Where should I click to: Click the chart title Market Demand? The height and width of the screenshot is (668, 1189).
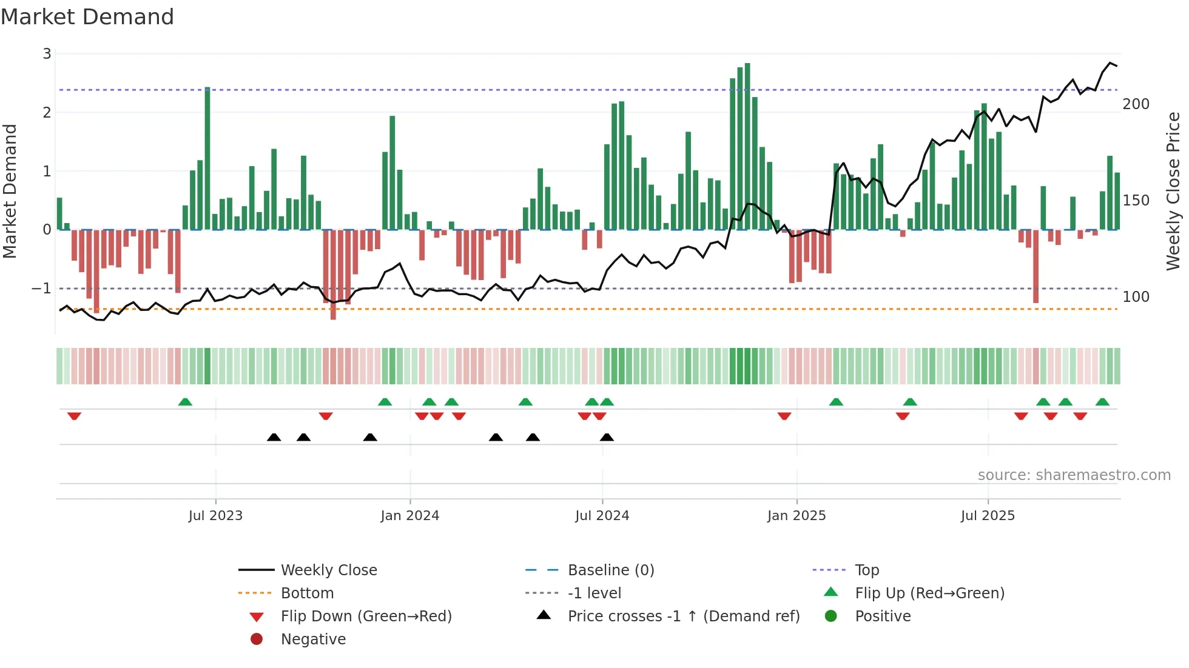point(87,17)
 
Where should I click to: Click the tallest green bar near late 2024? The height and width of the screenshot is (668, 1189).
point(747,145)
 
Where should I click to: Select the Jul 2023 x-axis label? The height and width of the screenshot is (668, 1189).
point(215,516)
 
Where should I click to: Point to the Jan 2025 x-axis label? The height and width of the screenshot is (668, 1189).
point(797,516)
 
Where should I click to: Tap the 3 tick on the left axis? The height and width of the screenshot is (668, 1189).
point(47,54)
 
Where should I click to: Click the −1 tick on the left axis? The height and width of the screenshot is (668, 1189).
point(41,289)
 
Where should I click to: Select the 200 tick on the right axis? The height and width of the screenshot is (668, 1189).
point(1136,104)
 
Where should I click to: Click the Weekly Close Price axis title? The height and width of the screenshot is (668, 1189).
point(1173,191)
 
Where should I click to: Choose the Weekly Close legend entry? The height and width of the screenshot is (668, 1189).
point(328,570)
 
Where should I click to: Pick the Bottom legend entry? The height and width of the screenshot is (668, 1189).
point(307,593)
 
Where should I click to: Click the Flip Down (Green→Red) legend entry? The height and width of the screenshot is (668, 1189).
point(366,616)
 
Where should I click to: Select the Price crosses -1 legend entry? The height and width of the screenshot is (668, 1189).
point(683,616)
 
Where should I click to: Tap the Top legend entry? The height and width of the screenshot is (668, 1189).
point(867,570)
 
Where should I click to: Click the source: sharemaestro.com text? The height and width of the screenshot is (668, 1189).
point(1074,475)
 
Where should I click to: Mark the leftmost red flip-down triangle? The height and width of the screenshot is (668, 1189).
point(74,416)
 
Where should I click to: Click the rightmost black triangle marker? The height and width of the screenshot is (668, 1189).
point(607,437)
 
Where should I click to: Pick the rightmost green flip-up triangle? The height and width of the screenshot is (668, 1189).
point(1102,402)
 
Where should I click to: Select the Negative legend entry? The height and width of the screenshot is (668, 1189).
point(313,640)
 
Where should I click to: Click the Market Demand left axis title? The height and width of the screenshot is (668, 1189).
point(10,191)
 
